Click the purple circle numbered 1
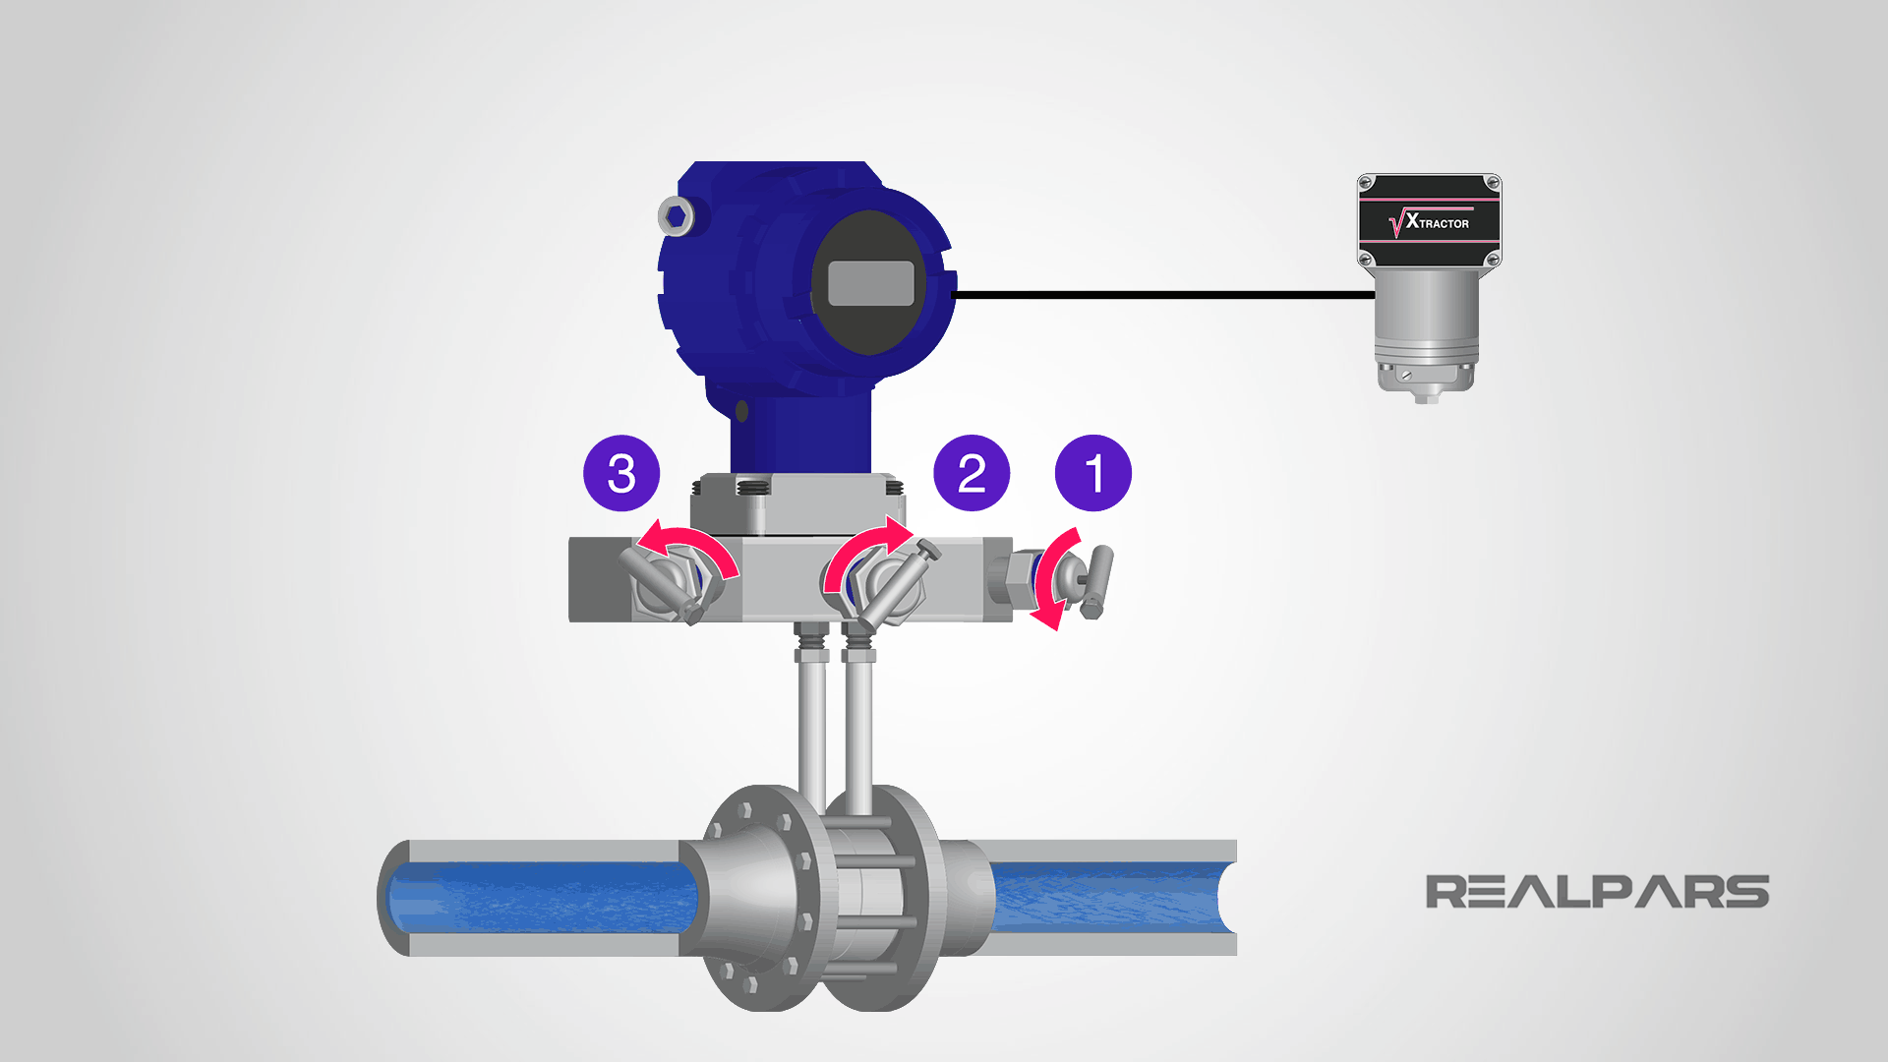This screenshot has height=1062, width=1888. [1092, 473]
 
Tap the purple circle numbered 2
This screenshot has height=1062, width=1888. [972, 473]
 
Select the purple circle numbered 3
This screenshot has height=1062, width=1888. [621, 473]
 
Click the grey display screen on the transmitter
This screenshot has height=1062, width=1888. [871, 284]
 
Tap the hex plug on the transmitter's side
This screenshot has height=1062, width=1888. [677, 215]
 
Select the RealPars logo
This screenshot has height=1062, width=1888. [1596, 892]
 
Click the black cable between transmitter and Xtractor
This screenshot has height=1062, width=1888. [1160, 294]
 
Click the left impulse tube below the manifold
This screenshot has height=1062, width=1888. [812, 728]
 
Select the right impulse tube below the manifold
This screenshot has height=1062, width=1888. [858, 728]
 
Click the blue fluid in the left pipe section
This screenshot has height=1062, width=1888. [541, 897]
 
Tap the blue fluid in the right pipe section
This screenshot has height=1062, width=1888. [1101, 897]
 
